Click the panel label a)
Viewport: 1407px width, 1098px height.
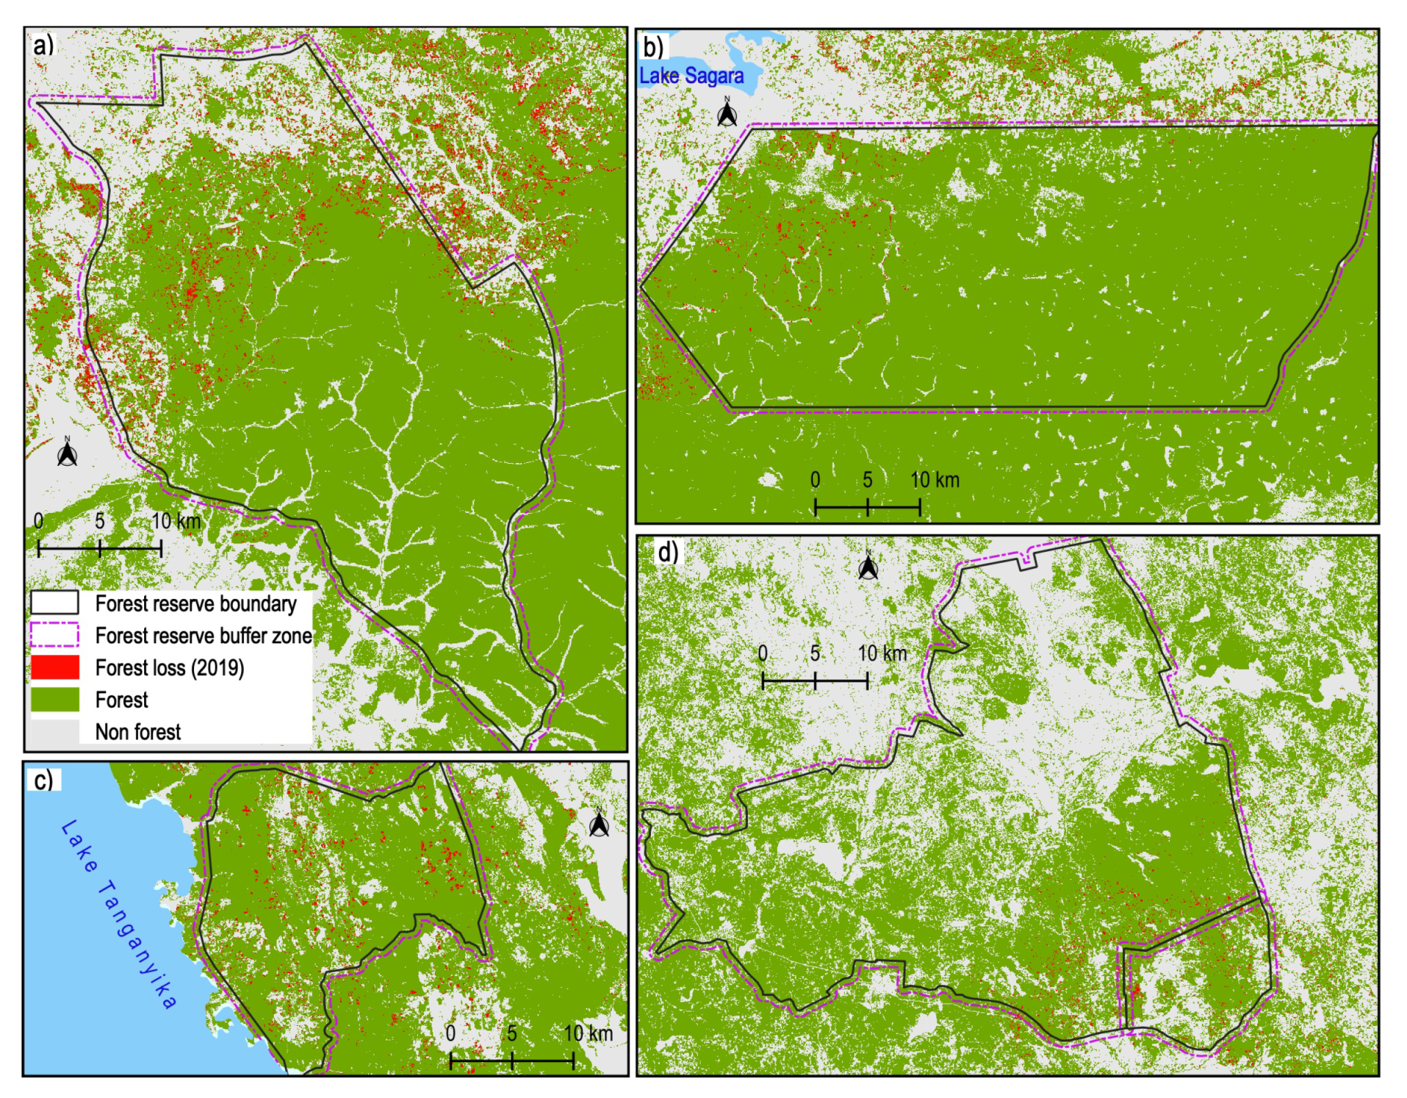(43, 46)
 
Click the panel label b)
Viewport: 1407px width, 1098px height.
(654, 47)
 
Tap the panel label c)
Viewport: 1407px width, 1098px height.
(43, 780)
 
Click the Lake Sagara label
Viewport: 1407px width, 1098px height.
(691, 76)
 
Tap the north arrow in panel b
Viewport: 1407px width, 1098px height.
(727, 112)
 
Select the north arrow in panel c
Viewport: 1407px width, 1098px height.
(600, 823)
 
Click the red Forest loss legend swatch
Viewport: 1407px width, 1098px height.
(55, 667)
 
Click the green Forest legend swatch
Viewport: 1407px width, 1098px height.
(55, 699)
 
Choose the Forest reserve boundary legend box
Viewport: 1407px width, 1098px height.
(55, 602)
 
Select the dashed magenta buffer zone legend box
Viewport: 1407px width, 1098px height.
(55, 635)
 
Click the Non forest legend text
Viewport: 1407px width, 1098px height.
(138, 731)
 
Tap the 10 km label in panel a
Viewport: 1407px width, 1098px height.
(176, 521)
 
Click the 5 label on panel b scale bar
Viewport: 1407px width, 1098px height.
(867, 480)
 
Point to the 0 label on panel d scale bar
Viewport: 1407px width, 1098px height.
(762, 653)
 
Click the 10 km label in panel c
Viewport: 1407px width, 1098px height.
(588, 1034)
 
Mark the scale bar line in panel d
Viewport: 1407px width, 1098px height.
(815, 681)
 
